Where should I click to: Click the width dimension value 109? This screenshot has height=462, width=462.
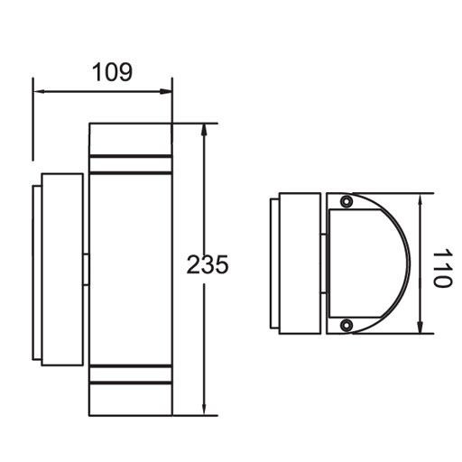(112, 72)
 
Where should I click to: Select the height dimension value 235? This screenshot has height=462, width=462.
(208, 265)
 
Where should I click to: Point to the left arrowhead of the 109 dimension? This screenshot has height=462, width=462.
(38, 90)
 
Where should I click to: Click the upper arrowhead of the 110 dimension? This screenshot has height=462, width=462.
(421, 199)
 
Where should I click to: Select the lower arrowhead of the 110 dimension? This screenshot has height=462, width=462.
(421, 328)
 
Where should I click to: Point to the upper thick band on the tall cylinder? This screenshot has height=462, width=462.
(130, 165)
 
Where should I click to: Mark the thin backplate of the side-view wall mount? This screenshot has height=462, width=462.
(35, 269)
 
